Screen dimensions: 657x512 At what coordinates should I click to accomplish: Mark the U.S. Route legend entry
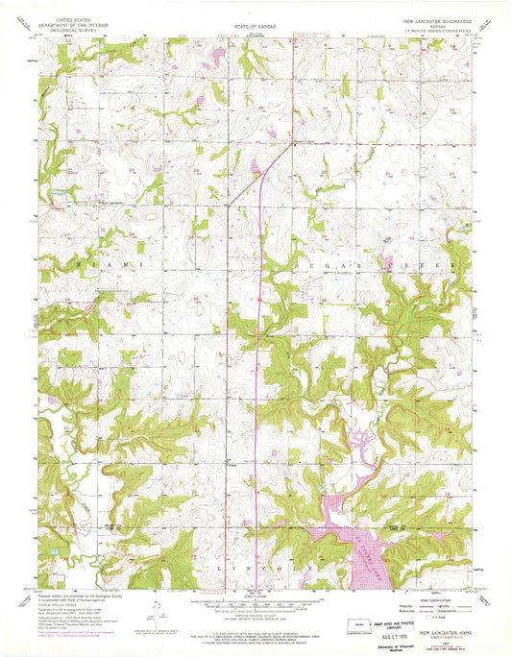click(417, 619)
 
